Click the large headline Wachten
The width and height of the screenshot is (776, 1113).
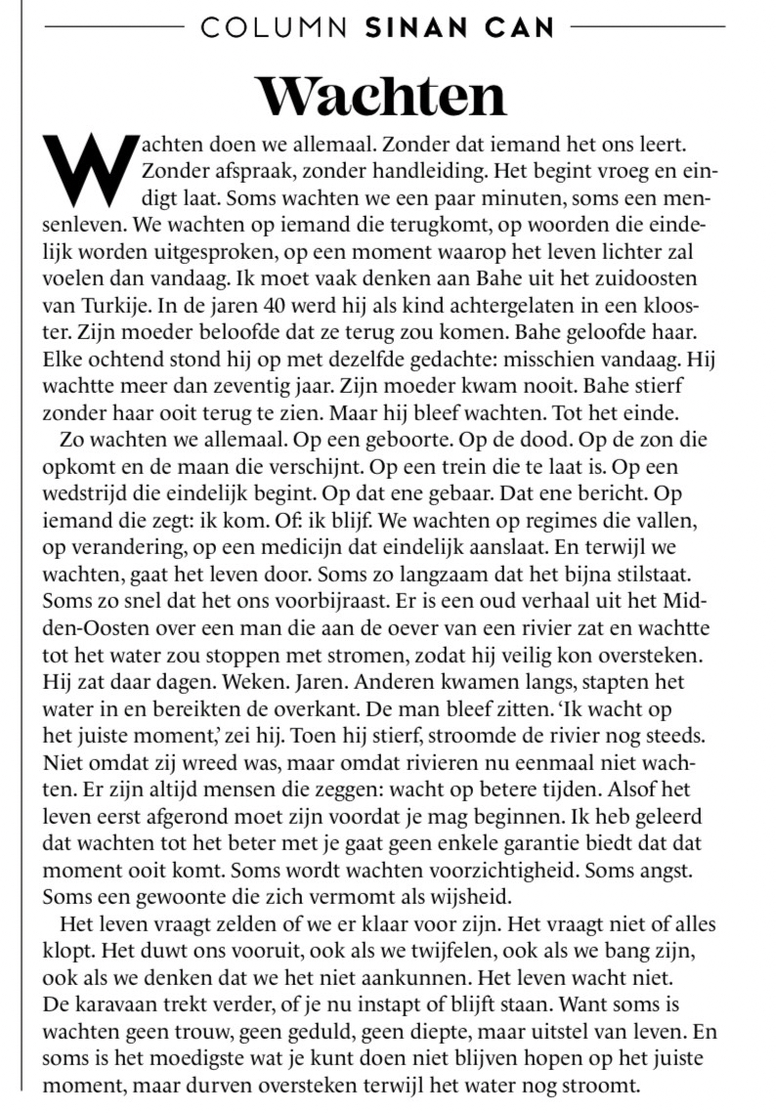pos(381,95)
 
